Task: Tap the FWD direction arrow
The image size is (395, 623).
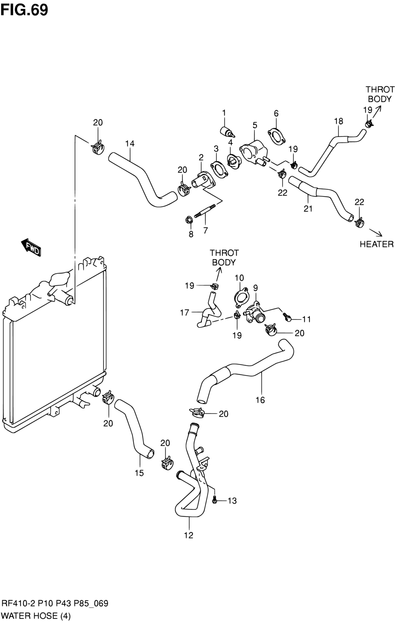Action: (x=31, y=247)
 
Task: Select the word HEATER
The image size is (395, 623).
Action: (x=377, y=244)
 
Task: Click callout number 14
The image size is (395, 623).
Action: (x=130, y=144)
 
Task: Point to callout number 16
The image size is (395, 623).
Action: (x=260, y=400)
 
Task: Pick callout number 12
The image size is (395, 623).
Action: (x=189, y=535)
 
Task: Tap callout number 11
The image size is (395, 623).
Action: (x=306, y=319)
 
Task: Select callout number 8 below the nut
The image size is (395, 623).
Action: (x=191, y=234)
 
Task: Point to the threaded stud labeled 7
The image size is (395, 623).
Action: (x=205, y=210)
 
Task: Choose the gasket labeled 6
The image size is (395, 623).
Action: (x=276, y=136)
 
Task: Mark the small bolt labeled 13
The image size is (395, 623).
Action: (x=214, y=500)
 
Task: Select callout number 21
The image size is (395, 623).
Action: (x=308, y=208)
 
